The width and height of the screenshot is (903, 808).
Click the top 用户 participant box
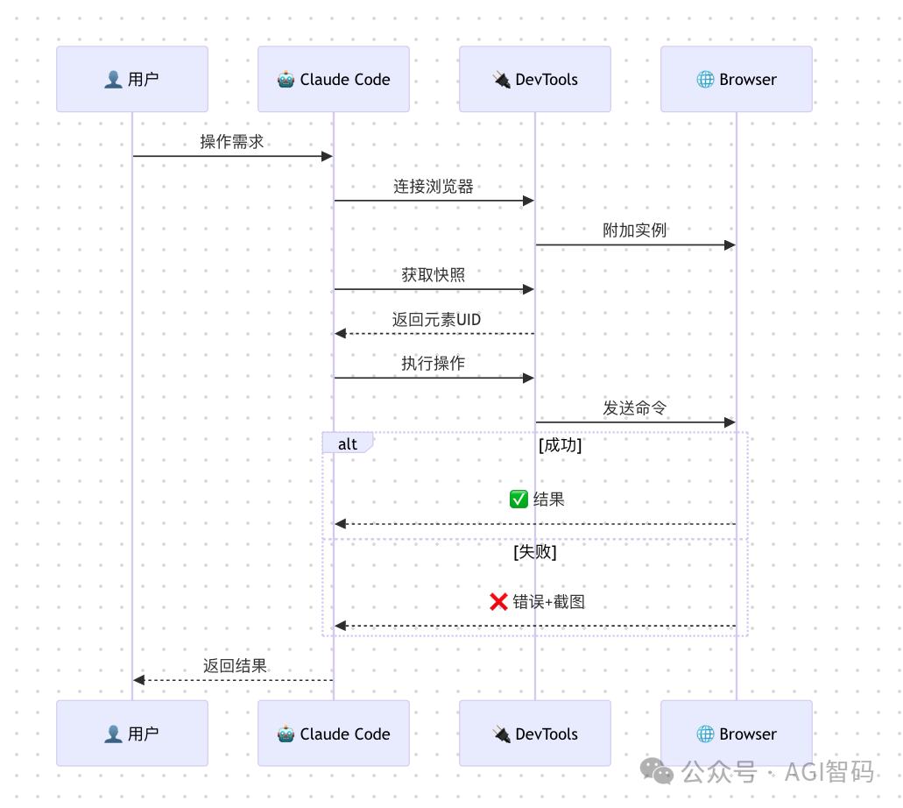pyautogui.click(x=132, y=79)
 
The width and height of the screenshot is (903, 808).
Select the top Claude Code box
pyautogui.click(x=334, y=79)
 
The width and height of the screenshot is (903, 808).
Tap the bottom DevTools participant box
pyautogui.click(x=535, y=734)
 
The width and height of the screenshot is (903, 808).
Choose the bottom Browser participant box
pyautogui.click(x=737, y=734)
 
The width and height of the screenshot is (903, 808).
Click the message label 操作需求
pyautogui.click(x=232, y=142)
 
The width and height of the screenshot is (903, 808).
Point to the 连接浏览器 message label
pyautogui.click(x=434, y=187)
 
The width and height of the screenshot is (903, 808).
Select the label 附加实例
pyautogui.click(x=635, y=230)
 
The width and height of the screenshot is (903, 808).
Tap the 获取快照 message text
pyautogui.click(x=434, y=275)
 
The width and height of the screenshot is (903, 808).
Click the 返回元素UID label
pyautogui.click(x=436, y=320)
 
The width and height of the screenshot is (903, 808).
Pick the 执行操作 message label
pyautogui.click(x=434, y=364)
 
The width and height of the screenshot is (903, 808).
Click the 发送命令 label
pyautogui.click(x=635, y=408)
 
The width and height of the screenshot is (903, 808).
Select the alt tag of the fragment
pyautogui.click(x=348, y=443)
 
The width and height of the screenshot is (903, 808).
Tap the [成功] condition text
pyautogui.click(x=561, y=445)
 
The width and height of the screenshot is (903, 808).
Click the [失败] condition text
pyautogui.click(x=535, y=552)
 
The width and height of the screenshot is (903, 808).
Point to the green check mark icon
pyautogui.click(x=519, y=500)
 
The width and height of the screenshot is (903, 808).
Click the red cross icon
pyautogui.click(x=498, y=601)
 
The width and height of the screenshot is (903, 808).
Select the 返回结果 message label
pyautogui.click(x=235, y=666)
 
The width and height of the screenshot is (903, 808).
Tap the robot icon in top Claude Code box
pyautogui.click(x=286, y=80)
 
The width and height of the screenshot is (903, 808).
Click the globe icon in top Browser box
pyautogui.click(x=705, y=80)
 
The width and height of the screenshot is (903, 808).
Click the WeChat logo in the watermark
pyautogui.click(x=657, y=770)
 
